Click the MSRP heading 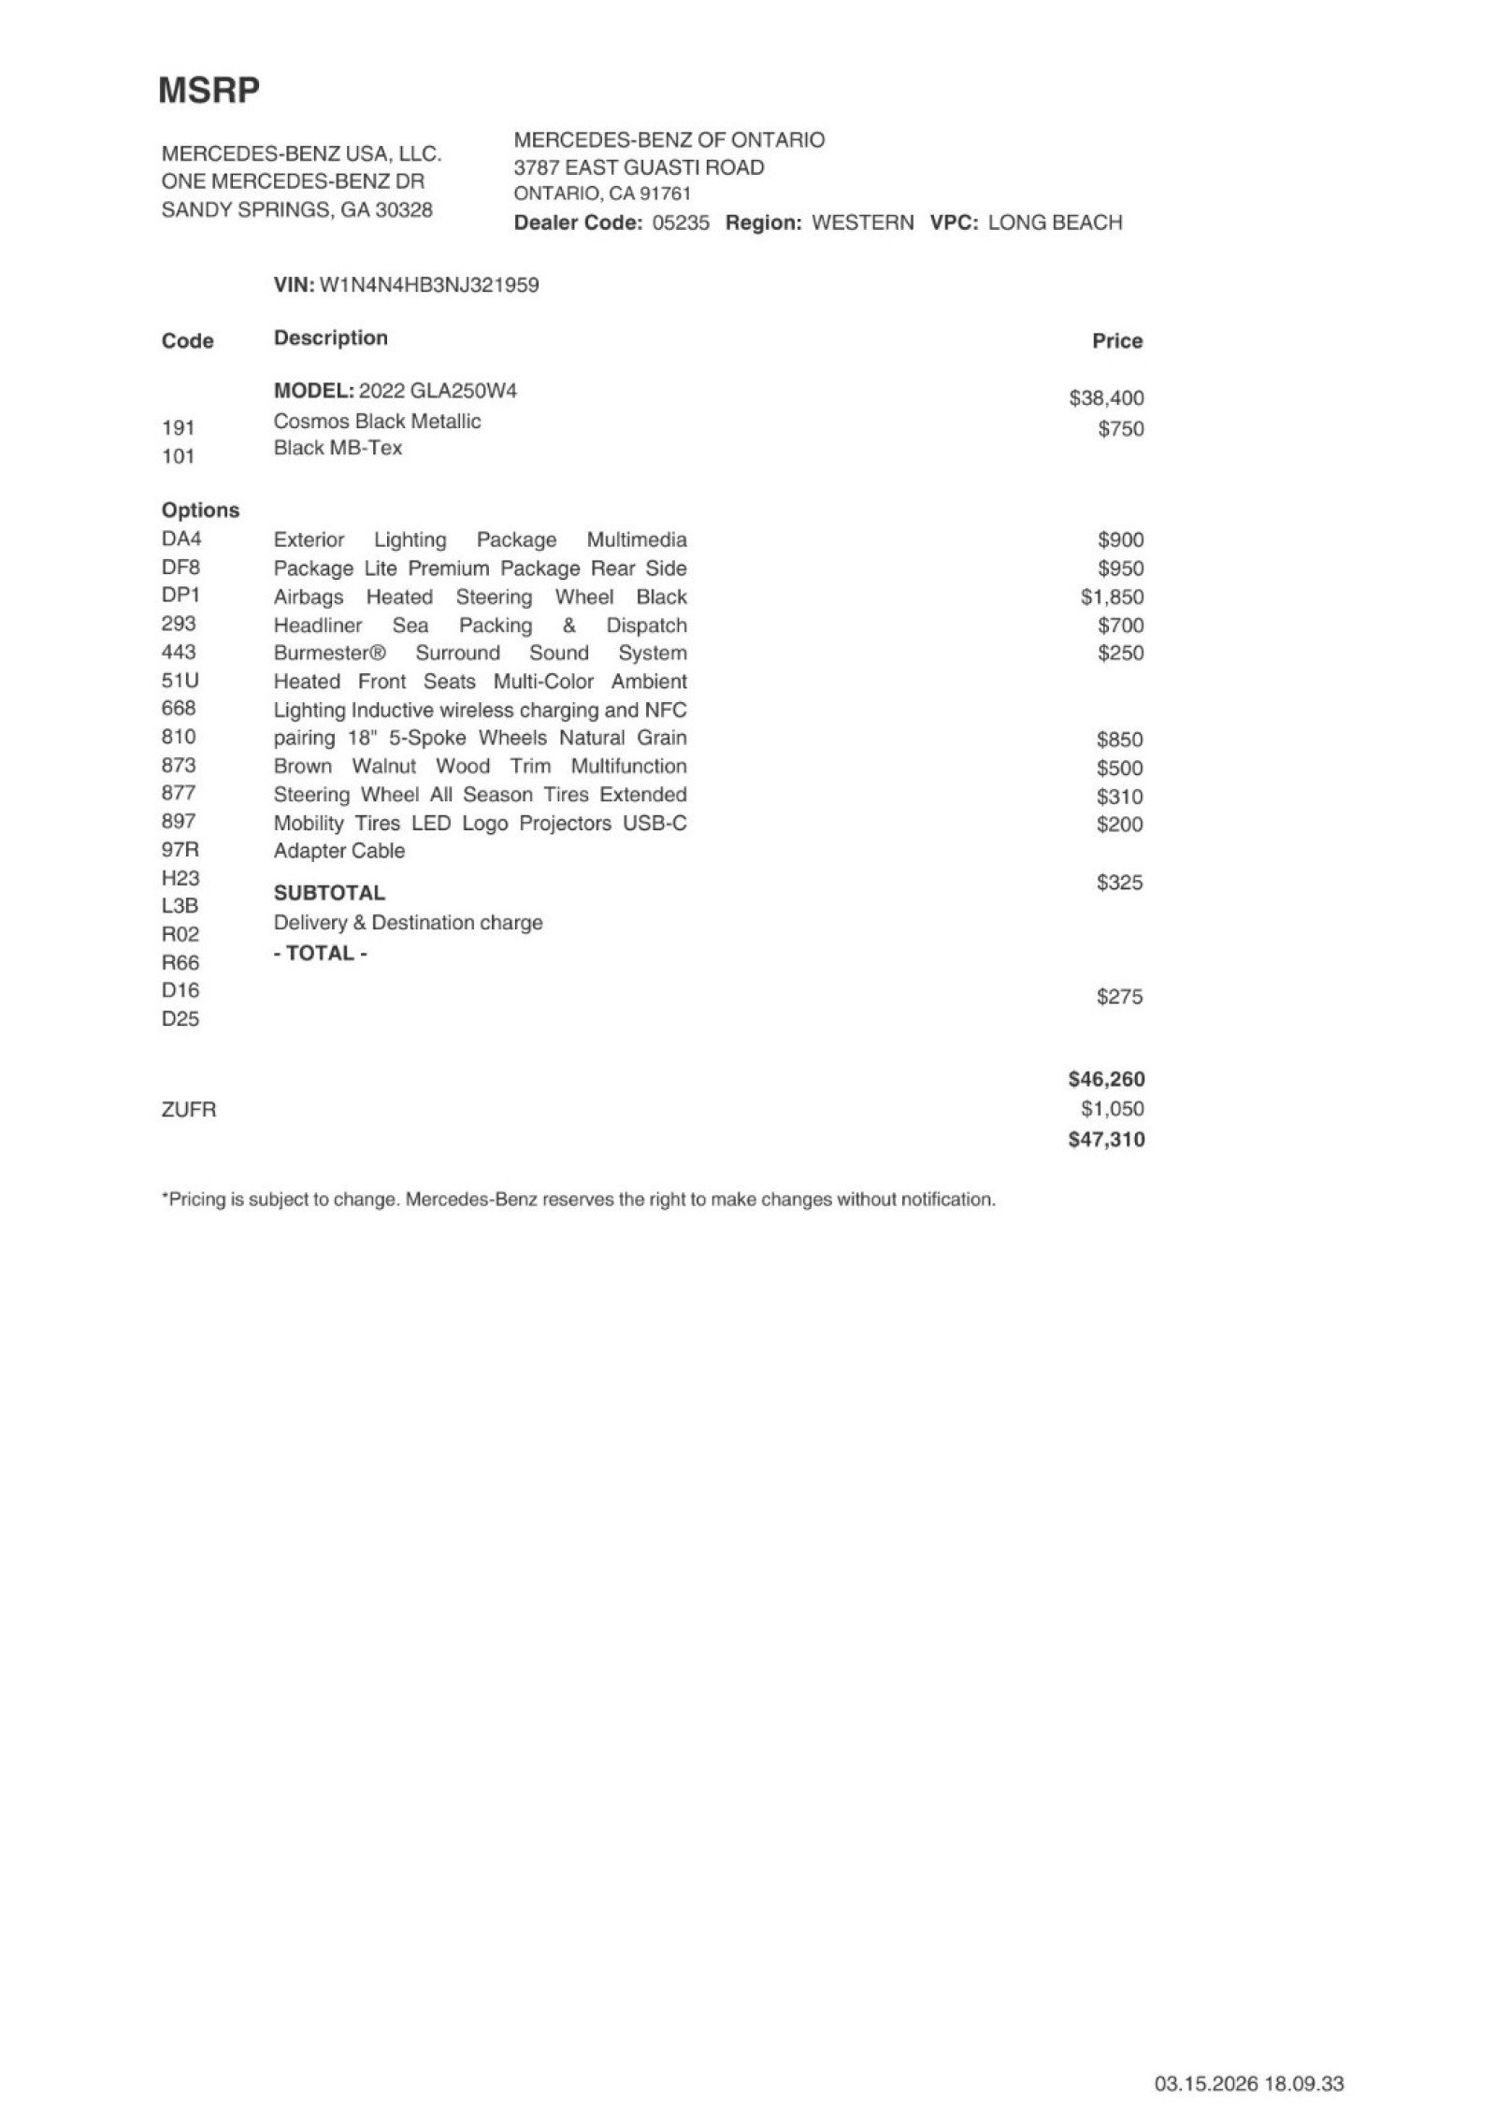point(209,91)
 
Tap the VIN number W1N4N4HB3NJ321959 point(429,285)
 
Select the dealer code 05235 point(681,223)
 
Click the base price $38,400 point(1106,398)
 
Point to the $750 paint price point(1120,429)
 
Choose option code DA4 point(181,539)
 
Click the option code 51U point(180,681)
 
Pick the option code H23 point(180,878)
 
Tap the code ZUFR point(189,1110)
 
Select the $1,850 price point(1112,597)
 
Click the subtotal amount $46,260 point(1106,1079)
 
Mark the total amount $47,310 point(1106,1140)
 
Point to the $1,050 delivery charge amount point(1112,1109)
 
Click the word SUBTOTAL point(329,893)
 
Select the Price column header point(1117,341)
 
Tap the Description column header point(330,338)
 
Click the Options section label point(200,511)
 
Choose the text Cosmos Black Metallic point(377,422)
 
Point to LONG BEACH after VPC point(1055,223)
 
